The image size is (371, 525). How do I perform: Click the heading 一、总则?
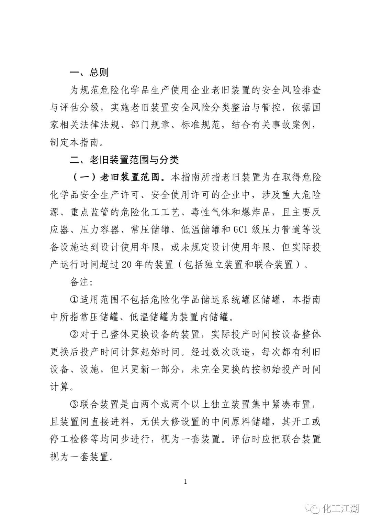pos(89,72)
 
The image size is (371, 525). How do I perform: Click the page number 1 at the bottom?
pos(185,482)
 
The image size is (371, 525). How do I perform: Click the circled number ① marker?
pos(74,299)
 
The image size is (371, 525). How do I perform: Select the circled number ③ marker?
pos(74,404)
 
